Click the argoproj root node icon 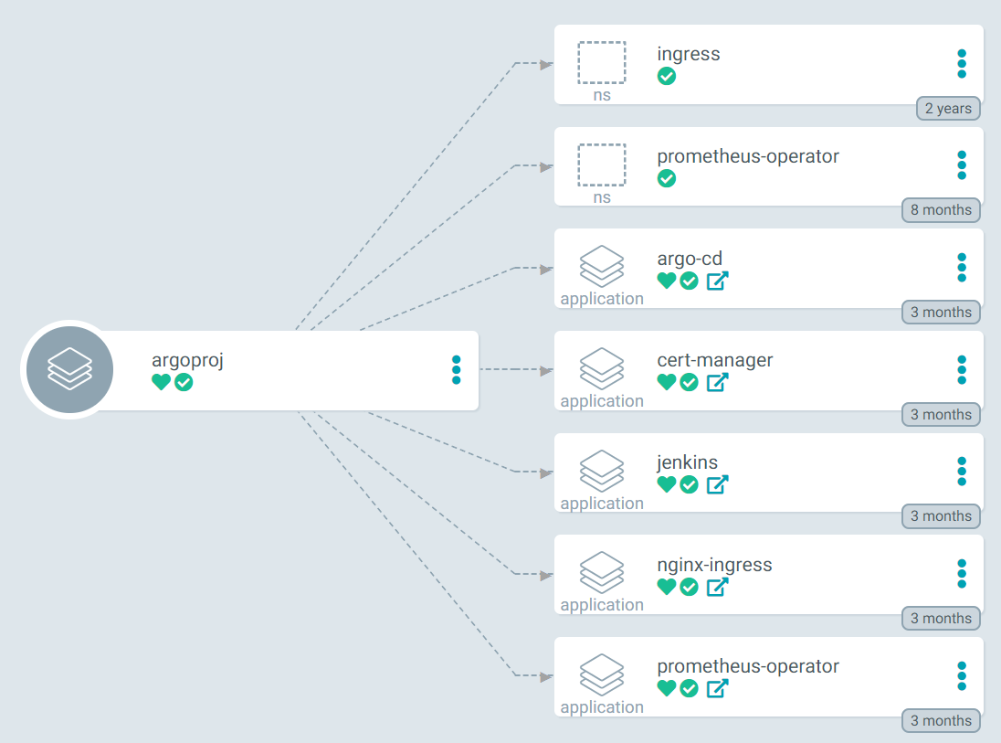[x=69, y=369]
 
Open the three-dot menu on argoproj [x=456, y=370]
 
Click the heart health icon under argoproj [x=161, y=382]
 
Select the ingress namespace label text [x=688, y=54]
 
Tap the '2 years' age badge [x=948, y=108]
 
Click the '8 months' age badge [x=941, y=210]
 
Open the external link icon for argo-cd [x=717, y=281]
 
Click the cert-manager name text [x=714, y=360]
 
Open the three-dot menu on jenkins [x=961, y=472]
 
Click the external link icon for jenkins [x=717, y=484]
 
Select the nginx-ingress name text [x=714, y=565]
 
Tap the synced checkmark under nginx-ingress [x=690, y=587]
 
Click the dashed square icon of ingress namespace [x=602, y=63]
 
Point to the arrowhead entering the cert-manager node [x=546, y=370]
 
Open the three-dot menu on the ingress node [x=961, y=64]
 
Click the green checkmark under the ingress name [x=667, y=76]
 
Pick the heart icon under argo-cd [x=667, y=281]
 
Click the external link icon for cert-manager [x=717, y=382]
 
